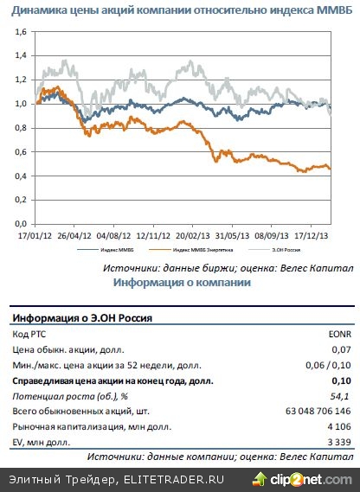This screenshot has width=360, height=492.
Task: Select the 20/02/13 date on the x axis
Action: (192, 233)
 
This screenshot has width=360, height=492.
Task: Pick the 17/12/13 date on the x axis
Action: (312, 233)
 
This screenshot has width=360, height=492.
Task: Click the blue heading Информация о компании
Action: (181, 283)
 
